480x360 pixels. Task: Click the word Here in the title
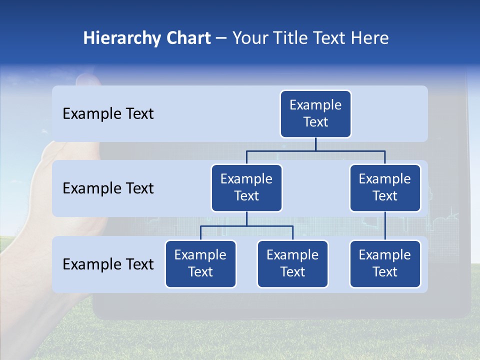pyautogui.click(x=369, y=38)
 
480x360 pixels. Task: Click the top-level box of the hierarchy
pyautogui.click(x=315, y=113)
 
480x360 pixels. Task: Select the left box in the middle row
pyautogui.click(x=246, y=187)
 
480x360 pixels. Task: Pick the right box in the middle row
pyautogui.click(x=385, y=187)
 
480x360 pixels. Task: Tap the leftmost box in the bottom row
pyautogui.click(x=200, y=263)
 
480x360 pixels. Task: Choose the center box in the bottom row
pyautogui.click(x=292, y=263)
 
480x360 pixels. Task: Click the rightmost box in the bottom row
pyautogui.click(x=385, y=263)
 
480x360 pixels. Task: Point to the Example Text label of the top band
pyautogui.click(x=108, y=114)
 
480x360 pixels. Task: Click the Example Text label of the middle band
pyautogui.click(x=108, y=188)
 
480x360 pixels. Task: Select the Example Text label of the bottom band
pyautogui.click(x=108, y=264)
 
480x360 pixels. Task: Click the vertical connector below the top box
pyautogui.click(x=315, y=144)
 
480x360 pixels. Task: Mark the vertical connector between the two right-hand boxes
pyautogui.click(x=385, y=226)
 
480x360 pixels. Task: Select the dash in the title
pyautogui.click(x=221, y=38)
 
